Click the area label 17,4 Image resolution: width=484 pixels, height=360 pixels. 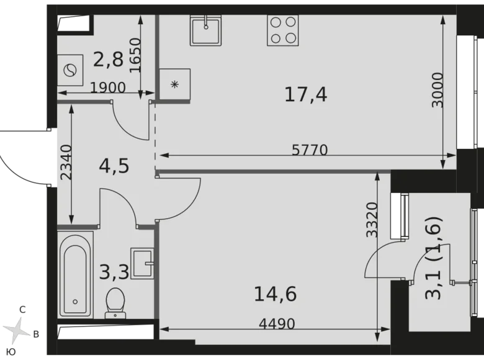(x=305, y=94)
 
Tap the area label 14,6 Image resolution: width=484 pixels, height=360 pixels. (x=275, y=292)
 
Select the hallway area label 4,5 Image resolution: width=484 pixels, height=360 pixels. (x=114, y=167)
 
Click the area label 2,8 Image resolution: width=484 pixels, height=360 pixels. (x=108, y=60)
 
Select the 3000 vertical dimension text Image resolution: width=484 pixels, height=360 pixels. (x=438, y=91)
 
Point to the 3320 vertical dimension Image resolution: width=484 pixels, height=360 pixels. (x=372, y=220)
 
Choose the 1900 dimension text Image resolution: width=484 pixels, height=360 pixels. (x=107, y=88)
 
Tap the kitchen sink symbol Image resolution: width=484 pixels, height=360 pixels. (x=205, y=29)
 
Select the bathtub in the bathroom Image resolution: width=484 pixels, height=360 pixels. (x=75, y=274)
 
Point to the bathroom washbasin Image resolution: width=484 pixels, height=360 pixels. (x=142, y=261)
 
